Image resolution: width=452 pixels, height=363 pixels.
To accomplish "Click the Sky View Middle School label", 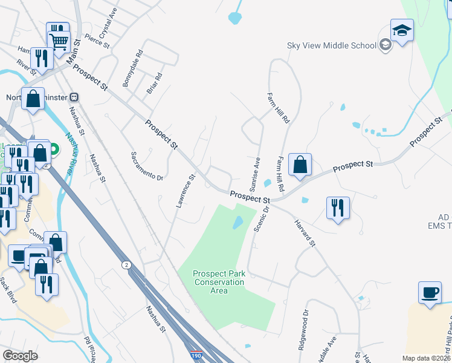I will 331,45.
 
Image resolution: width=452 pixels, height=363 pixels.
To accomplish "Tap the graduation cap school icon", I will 402,31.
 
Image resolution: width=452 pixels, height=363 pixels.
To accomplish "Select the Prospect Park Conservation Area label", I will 219,283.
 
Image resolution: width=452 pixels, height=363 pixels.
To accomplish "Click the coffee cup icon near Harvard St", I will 430,293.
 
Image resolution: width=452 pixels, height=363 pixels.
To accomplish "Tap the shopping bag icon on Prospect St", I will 300,165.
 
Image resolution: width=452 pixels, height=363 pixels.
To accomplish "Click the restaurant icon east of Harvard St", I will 338,208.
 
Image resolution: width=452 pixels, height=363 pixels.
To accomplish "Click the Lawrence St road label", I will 186,192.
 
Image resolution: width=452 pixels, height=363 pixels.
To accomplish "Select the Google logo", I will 20,356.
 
